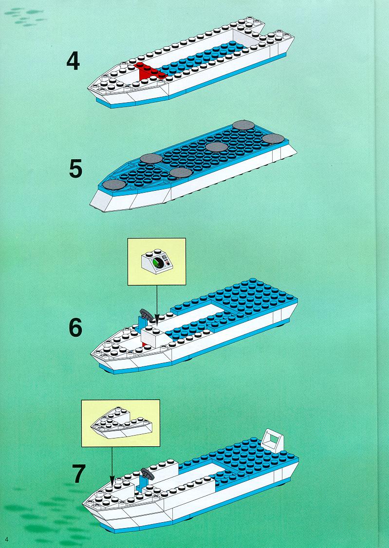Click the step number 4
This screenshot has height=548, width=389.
pyautogui.click(x=73, y=61)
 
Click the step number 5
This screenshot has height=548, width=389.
pyautogui.click(x=75, y=169)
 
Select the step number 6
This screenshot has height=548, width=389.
pyautogui.click(x=75, y=328)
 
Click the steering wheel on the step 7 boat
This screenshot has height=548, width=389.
pyautogui.click(x=148, y=474)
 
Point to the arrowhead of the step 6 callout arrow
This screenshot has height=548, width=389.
pyautogui.click(x=157, y=319)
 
